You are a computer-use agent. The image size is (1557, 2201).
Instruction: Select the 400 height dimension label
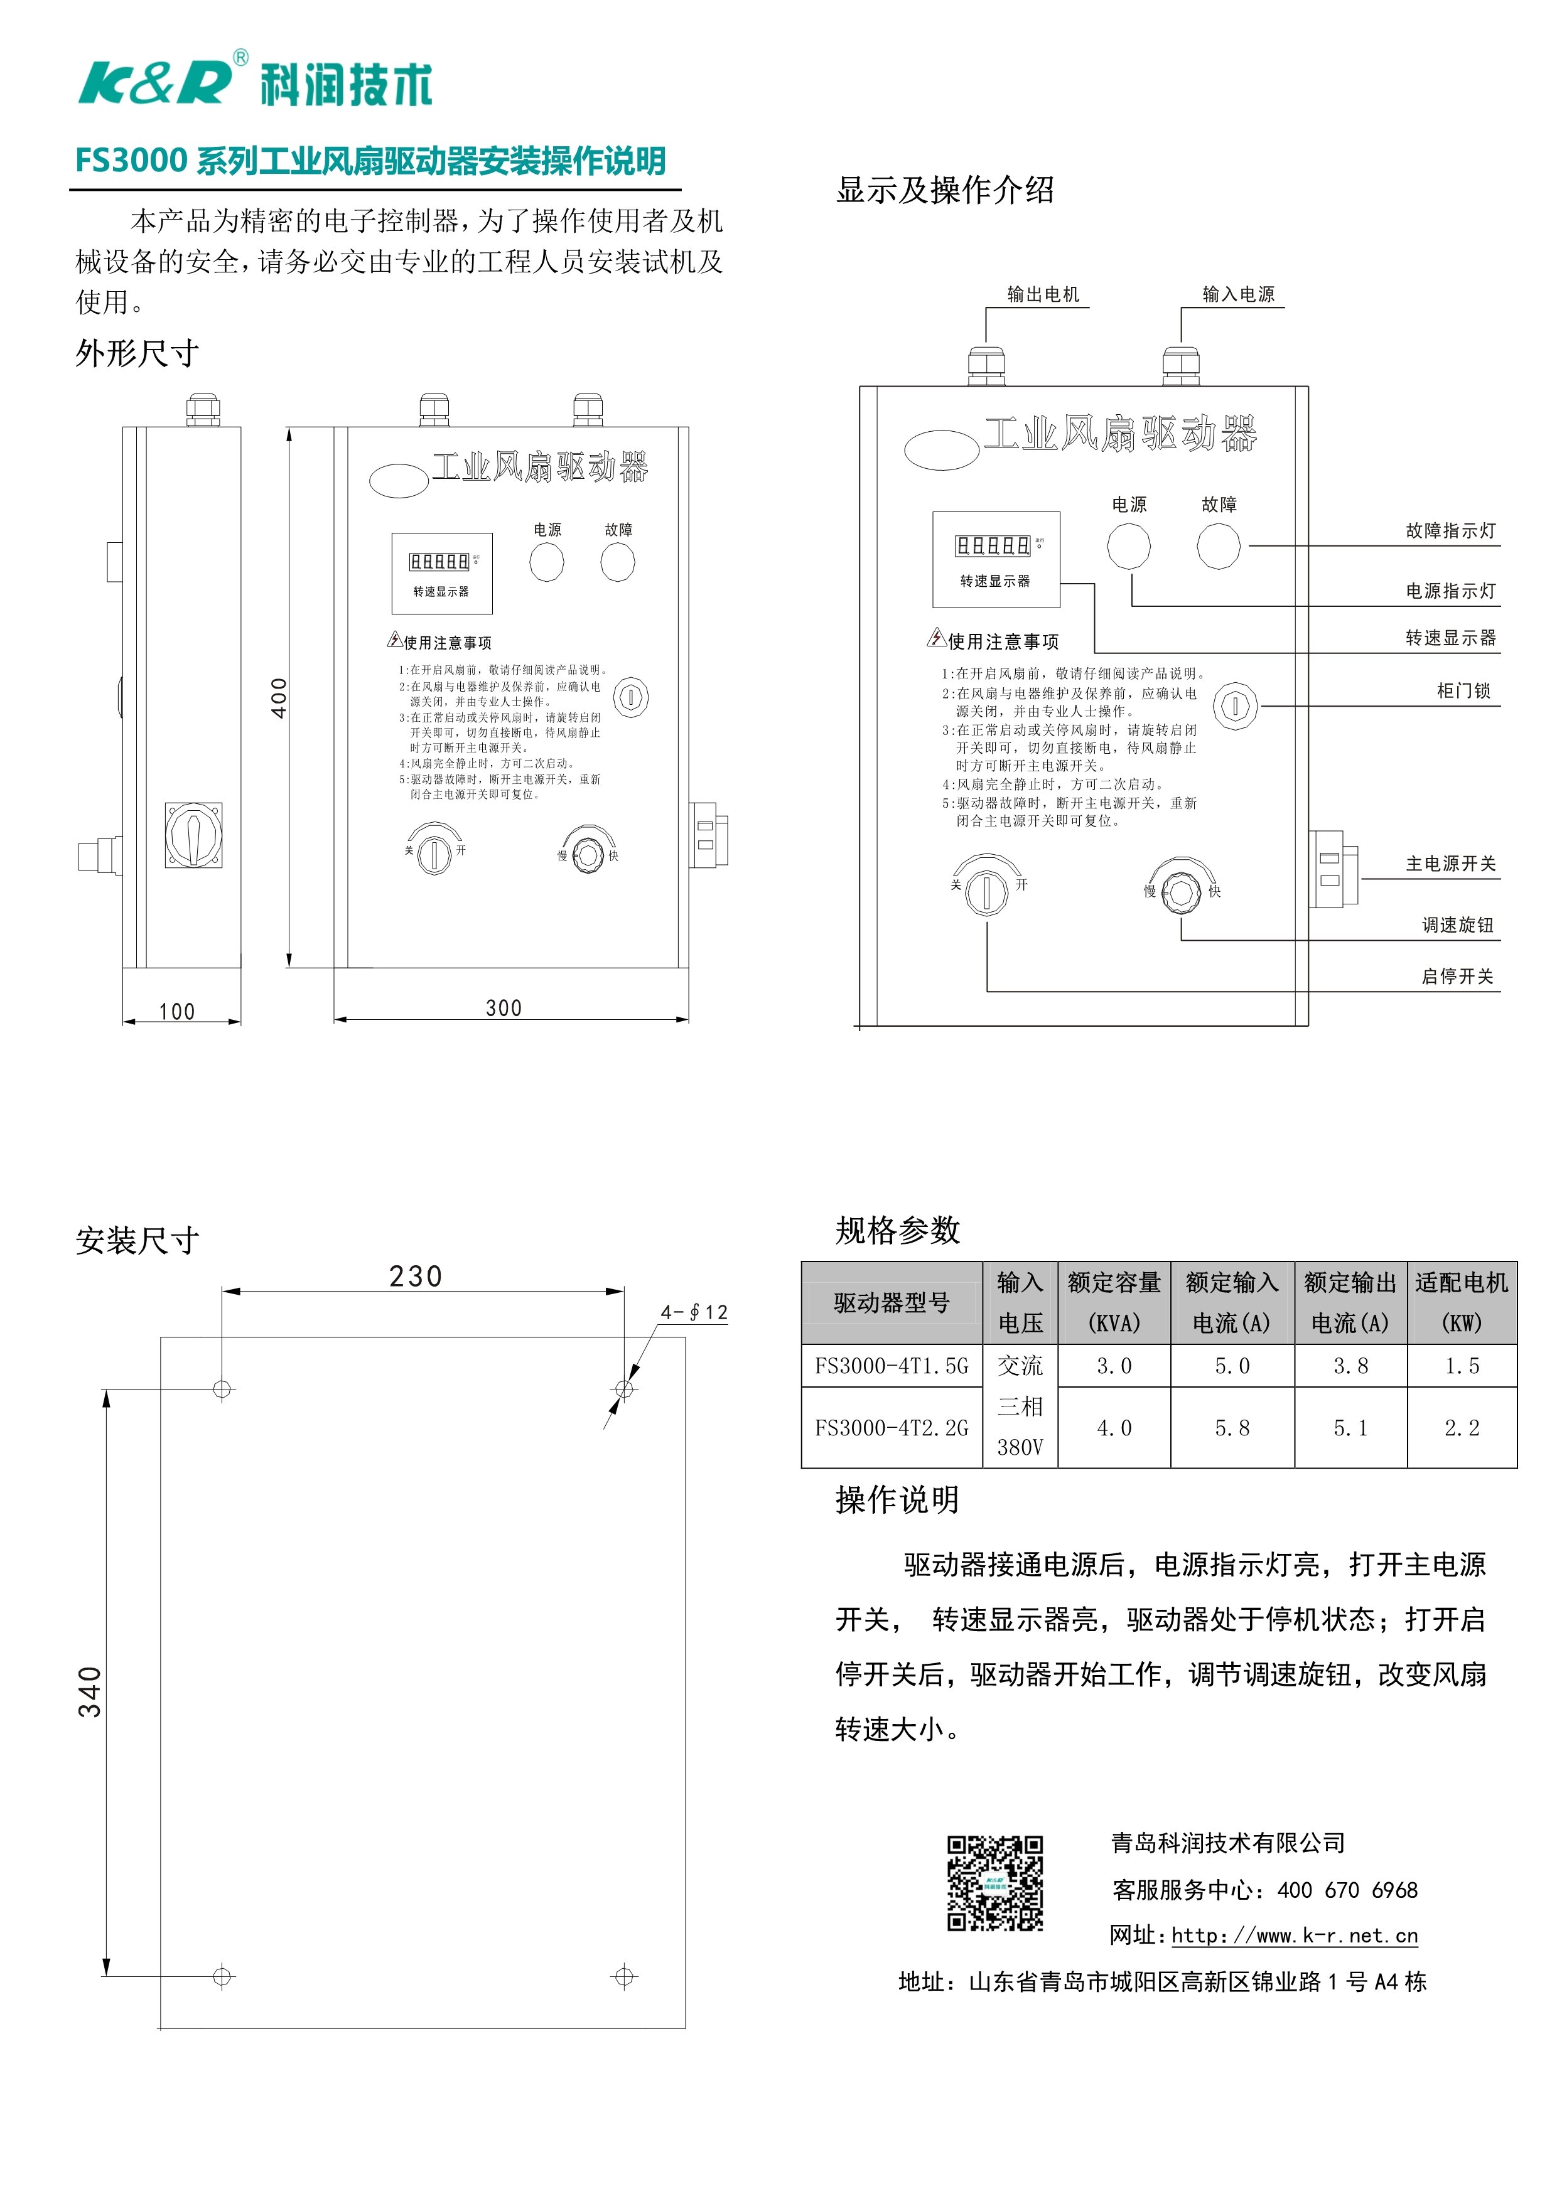pos(278,698)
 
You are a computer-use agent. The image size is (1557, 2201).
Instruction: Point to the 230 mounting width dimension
pos(415,1276)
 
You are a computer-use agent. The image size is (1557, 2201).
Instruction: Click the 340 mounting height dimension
pos(89,1692)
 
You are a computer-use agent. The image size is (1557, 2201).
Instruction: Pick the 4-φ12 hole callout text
pos(693,1312)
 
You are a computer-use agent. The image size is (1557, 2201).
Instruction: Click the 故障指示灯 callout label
pos(1450,530)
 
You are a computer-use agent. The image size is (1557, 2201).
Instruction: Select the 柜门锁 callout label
pos(1463,690)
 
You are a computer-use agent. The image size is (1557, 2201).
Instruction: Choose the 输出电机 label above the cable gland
pos(1042,294)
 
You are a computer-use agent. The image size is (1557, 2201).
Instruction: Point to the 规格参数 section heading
pos(897,1230)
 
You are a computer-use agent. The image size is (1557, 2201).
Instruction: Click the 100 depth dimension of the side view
pos(176,1011)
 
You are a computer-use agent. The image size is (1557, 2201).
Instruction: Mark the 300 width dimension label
pos(504,1007)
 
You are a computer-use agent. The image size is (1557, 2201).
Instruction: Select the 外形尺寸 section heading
pos(137,354)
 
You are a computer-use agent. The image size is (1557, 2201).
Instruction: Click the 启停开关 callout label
pos(1457,976)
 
